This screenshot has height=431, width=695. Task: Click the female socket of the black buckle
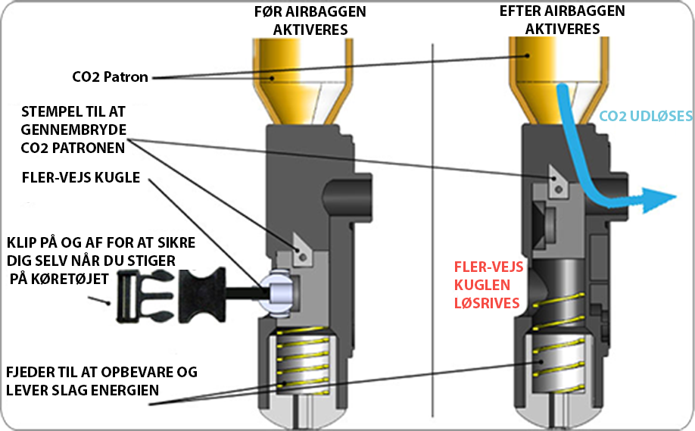pyautogui.click(x=200, y=293)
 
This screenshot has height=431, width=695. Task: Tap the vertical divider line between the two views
pyautogui.click(x=432, y=227)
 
